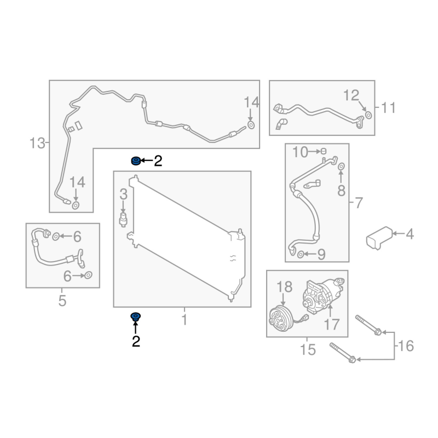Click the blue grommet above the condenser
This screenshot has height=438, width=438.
136,161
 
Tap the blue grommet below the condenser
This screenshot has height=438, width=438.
136,317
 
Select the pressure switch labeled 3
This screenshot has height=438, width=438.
123,220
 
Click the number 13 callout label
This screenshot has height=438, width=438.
37,143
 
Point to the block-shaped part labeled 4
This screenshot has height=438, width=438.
379,238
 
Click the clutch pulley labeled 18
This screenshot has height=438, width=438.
281,319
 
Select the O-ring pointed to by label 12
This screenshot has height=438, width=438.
368,115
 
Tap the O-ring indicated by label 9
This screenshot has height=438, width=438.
301,255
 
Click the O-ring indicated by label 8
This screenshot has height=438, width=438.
341,167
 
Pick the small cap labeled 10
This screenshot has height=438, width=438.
324,151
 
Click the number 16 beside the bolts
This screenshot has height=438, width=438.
406,346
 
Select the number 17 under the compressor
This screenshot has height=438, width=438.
331,324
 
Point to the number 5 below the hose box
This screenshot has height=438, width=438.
62,301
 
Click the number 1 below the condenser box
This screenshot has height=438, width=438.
185,319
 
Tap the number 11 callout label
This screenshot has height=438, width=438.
389,107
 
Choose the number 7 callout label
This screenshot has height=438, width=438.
359,203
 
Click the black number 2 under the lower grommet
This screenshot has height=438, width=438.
136,341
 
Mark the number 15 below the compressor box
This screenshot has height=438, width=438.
308,349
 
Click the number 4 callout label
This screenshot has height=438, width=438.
410,234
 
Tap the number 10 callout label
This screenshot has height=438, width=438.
300,152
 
